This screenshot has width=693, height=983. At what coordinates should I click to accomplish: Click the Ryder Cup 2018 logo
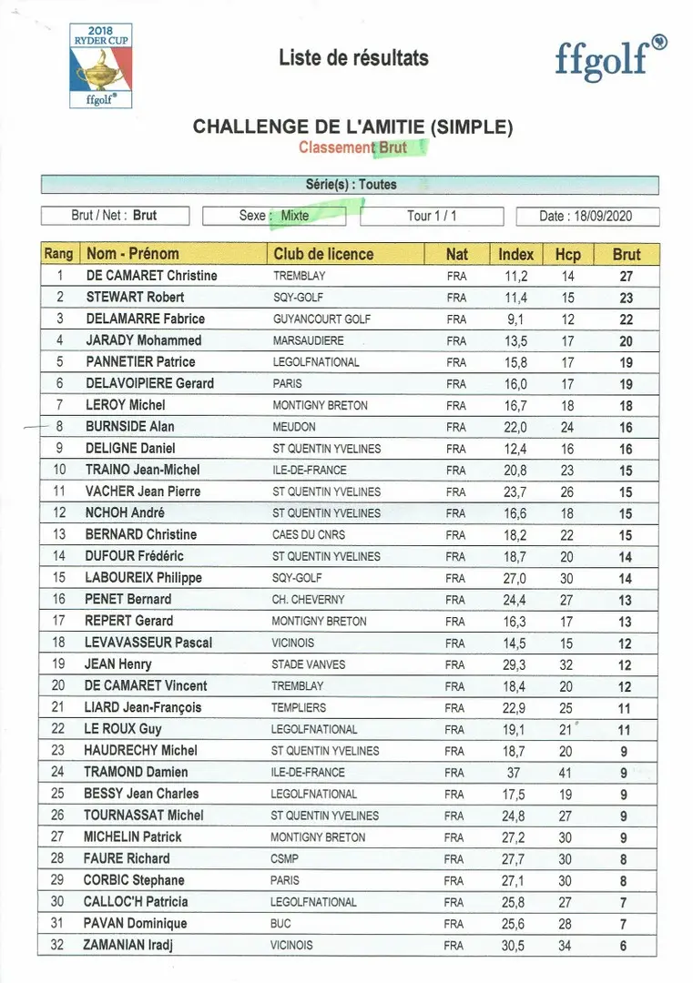[x=100, y=66]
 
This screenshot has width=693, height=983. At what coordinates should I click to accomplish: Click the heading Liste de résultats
[x=353, y=58]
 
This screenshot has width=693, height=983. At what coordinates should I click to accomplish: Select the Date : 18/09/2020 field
[x=586, y=216]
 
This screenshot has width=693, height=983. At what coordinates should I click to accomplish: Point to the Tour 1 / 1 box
[x=432, y=216]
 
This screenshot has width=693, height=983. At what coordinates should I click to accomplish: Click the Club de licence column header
[x=323, y=254]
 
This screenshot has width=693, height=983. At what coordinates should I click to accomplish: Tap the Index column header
[x=516, y=254]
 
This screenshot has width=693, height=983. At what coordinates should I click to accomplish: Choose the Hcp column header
[x=567, y=254]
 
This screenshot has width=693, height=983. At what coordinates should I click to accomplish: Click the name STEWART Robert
[x=135, y=297]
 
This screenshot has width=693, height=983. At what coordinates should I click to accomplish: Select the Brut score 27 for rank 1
[x=626, y=276]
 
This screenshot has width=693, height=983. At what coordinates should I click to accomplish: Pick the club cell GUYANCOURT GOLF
[x=321, y=319]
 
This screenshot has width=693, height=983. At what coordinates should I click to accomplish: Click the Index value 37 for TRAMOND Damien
[x=515, y=772]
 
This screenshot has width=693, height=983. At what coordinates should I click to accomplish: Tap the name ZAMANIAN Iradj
[x=128, y=945]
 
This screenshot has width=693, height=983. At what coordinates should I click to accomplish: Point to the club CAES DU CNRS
[x=309, y=534]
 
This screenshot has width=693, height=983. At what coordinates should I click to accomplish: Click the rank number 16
[x=59, y=599]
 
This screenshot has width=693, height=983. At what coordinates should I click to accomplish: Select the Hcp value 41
[x=566, y=772]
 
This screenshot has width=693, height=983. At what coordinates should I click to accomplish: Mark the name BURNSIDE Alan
[x=130, y=426]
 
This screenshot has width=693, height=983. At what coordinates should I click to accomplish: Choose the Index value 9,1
[x=515, y=319]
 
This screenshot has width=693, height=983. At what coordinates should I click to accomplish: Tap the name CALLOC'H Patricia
[x=137, y=901]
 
